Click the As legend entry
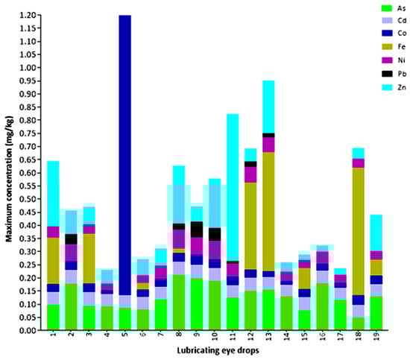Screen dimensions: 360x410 [x=388, y=7]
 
